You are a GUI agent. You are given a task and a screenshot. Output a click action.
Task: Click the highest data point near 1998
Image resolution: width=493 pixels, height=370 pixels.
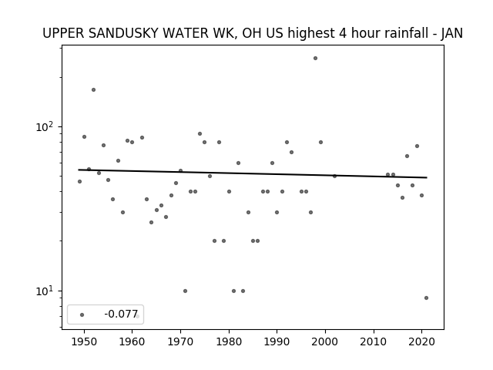tap(315, 59)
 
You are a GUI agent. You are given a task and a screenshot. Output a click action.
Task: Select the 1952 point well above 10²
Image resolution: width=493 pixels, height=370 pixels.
tap(93, 90)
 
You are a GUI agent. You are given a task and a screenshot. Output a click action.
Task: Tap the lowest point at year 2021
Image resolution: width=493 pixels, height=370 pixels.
tap(426, 298)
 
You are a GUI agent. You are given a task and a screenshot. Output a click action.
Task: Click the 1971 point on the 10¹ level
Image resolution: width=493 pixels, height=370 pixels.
tap(185, 291)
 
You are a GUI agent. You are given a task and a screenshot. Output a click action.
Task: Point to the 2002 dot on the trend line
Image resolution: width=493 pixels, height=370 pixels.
tap(334, 177)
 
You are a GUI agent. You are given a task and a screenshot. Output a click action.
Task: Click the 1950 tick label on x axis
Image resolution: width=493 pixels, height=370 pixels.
tap(84, 341)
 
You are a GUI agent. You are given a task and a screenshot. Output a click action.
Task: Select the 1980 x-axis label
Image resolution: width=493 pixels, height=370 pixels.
tap(229, 341)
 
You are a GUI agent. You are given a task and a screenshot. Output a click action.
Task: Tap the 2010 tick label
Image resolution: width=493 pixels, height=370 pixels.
tap(374, 341)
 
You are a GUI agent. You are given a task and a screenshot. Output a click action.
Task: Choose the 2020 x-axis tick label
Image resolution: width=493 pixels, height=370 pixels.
tap(421, 341)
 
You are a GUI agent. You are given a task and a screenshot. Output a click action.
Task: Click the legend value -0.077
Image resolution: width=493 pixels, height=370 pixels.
tap(121, 314)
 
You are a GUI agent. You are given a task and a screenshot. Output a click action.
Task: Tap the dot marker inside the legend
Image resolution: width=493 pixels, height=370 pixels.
tap(82, 315)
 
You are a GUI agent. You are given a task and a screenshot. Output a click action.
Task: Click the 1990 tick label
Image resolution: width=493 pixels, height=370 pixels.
tap(277, 341)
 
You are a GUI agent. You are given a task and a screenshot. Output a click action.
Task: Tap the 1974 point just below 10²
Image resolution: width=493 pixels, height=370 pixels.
tap(200, 133)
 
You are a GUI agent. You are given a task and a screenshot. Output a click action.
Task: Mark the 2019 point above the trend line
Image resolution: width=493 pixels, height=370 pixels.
tap(417, 146)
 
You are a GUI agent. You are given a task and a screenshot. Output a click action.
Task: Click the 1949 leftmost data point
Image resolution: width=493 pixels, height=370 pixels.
tap(79, 182)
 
